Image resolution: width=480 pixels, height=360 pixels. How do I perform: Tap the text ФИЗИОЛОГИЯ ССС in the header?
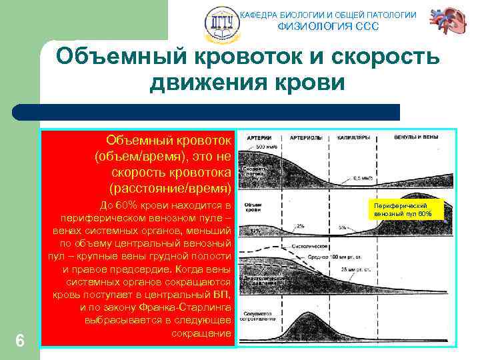point(327,27)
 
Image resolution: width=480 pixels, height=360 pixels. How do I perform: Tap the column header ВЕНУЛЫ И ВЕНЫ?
point(417,137)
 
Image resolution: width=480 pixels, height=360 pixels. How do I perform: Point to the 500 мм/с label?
point(267,146)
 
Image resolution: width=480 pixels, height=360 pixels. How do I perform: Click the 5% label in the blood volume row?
point(341,227)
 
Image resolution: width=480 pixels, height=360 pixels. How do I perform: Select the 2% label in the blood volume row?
point(300,227)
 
